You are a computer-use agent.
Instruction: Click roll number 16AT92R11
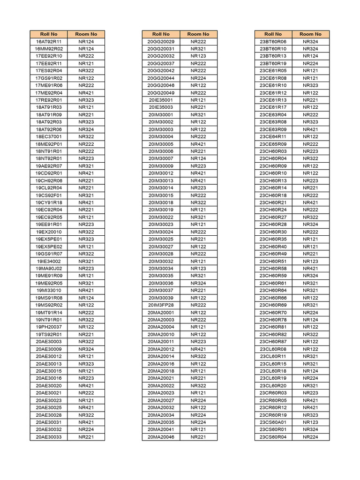(49, 42)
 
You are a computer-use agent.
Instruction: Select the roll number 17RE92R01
(49, 100)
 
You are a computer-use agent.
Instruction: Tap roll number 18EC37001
(49, 136)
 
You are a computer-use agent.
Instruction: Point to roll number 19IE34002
(49, 261)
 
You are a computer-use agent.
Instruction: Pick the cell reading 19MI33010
(49, 290)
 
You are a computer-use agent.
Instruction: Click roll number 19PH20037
(49, 327)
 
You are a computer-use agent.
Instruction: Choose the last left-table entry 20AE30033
(49, 437)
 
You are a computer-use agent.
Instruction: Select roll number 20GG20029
(161, 42)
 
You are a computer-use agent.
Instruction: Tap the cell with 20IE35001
(161, 100)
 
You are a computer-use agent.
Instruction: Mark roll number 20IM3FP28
(161, 305)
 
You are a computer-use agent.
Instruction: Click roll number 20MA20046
(161, 437)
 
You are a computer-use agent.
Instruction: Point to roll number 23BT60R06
(273, 42)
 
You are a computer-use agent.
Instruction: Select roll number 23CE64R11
(273, 136)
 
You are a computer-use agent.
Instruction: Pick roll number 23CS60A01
(273, 422)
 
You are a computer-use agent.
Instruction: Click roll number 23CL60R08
(273, 349)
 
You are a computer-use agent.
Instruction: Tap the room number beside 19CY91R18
(86, 202)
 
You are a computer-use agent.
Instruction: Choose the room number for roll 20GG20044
(198, 78)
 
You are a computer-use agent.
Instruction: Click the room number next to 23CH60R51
(310, 261)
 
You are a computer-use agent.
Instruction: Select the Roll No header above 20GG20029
(161, 34)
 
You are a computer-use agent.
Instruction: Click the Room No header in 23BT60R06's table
(310, 34)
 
